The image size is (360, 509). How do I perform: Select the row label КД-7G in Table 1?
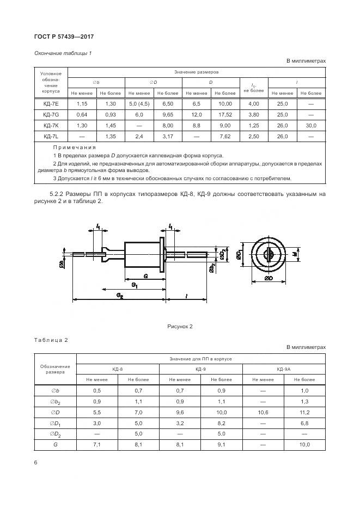pyautogui.click(x=51, y=115)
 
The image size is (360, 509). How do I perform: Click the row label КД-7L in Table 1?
pyautogui.click(x=51, y=136)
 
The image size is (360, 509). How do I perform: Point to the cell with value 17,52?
pyautogui.click(x=224, y=115)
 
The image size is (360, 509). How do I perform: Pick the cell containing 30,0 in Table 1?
pyautogui.click(x=311, y=126)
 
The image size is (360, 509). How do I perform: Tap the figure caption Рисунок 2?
pyautogui.click(x=180, y=327)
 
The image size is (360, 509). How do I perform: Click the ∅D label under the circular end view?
pyautogui.click(x=268, y=278)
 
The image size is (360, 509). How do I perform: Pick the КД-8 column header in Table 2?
pyautogui.click(x=118, y=369)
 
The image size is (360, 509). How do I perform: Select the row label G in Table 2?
pyautogui.click(x=56, y=445)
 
